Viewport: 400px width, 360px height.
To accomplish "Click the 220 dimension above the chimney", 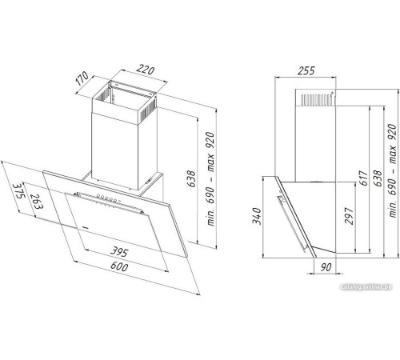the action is pos(146,70).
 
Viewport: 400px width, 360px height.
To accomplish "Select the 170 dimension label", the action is pos(82,78).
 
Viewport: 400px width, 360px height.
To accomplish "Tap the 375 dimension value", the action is pos(18,190).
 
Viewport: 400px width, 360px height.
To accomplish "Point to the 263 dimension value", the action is pos(36,201).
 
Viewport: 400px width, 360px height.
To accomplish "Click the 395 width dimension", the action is pos(119,251).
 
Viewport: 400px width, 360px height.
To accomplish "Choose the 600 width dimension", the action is pos(119,266).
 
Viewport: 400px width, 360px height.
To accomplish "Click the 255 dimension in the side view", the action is pos(306,70).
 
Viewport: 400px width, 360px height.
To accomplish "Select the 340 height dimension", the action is pos(257,216).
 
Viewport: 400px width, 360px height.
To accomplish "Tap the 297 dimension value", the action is pos(349,216).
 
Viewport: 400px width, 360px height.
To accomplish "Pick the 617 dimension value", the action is pos(363,178).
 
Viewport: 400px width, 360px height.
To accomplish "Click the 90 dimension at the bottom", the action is pos(326,267).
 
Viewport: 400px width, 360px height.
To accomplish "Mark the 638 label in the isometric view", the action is pos(191,178).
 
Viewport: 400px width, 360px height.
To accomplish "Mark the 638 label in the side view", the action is pos(378,178).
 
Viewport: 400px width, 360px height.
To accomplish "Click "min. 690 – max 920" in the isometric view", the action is pos(210,179).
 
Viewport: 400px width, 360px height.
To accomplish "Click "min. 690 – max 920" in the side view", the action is pos(393,170).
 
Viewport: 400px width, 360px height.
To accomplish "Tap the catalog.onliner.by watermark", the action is pos(366,287).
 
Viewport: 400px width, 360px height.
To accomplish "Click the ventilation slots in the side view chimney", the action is pos(317,99).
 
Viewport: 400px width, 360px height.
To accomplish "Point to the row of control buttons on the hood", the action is pos(107,198).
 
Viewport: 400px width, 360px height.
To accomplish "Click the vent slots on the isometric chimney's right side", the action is pos(148,110).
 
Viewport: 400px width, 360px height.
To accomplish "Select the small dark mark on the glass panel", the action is pos(86,227).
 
